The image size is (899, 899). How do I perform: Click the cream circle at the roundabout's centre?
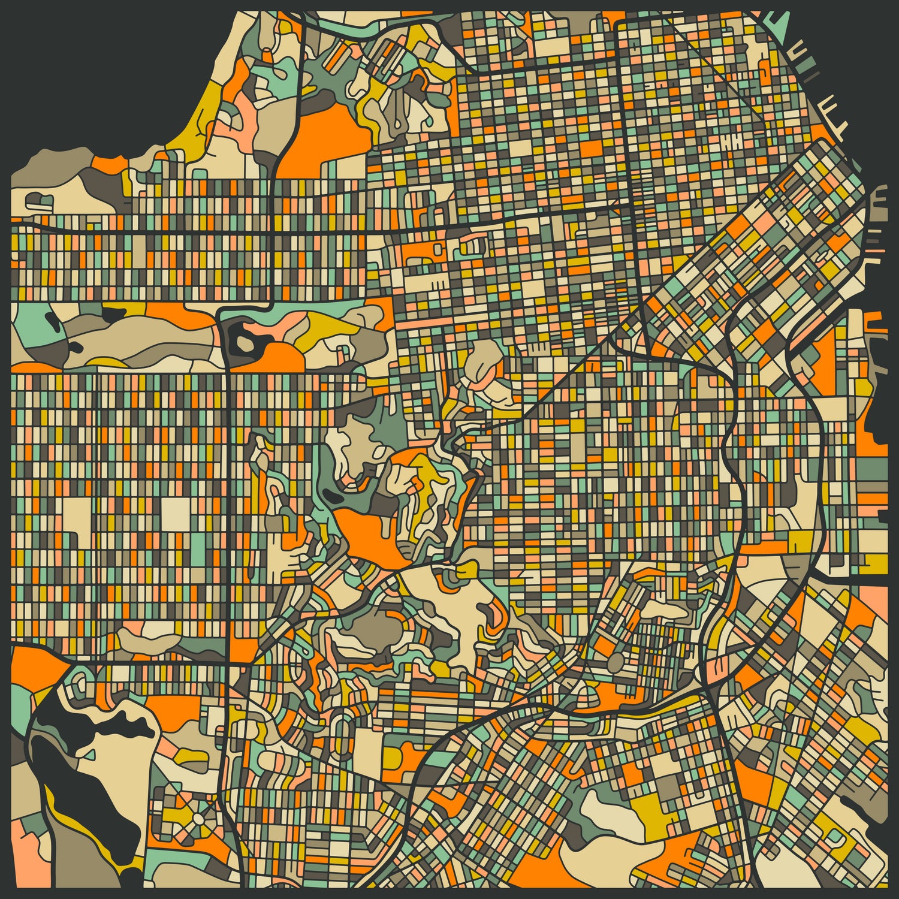click(x=197, y=819)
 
